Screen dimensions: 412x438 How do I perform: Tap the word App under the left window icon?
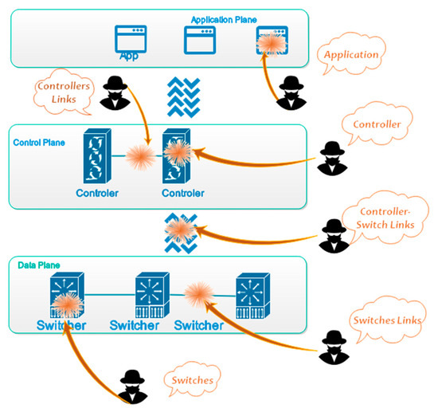tap(128, 57)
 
